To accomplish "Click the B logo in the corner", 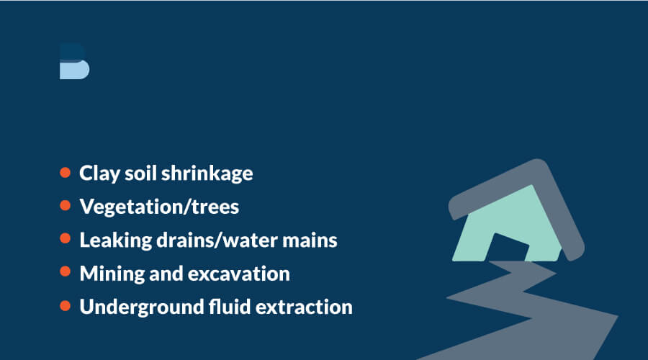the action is click(74, 61).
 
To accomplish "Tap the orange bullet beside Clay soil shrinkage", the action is click(66, 172).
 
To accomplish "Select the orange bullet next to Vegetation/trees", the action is click(66, 205).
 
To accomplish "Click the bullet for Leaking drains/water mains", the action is click(66, 238).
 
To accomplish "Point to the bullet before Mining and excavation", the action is click(66, 271).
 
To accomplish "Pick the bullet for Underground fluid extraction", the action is click(66, 305).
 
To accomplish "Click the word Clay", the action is click(99, 174).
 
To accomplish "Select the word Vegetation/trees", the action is click(159, 207).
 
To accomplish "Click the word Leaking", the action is click(116, 240).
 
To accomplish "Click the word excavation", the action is click(239, 274).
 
